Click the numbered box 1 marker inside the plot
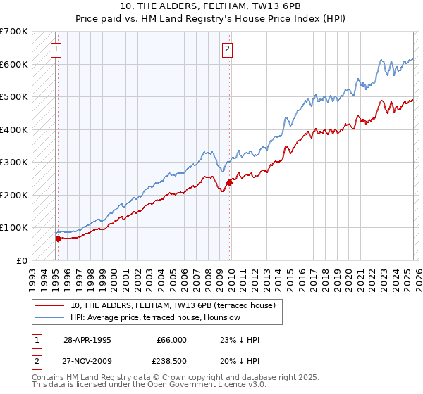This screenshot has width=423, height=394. pyautogui.click(x=55, y=49)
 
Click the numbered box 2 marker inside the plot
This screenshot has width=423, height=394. pyautogui.click(x=228, y=49)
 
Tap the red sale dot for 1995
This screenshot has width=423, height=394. pyautogui.click(x=58, y=239)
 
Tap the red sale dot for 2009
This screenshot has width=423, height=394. pyautogui.click(x=229, y=182)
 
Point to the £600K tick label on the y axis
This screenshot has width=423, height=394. pyautogui.click(x=13, y=64)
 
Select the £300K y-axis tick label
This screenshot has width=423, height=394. pyautogui.click(x=13, y=163)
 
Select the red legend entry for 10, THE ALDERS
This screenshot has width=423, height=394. pyautogui.click(x=177, y=305)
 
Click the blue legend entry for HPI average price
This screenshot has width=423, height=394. pyautogui.click(x=156, y=317)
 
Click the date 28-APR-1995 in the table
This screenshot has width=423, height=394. pyautogui.click(x=87, y=340)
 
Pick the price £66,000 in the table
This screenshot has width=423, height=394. pyautogui.click(x=171, y=340)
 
